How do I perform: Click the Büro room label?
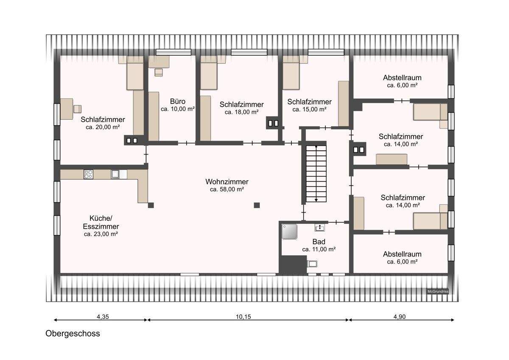coord(178,102)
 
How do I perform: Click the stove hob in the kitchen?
coord(88,174)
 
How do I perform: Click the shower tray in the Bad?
coord(289,231)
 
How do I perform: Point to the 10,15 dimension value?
coord(247,316)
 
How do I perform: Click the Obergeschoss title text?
coord(73,334)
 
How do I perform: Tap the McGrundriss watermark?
coord(437,291)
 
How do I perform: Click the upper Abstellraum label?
coord(402,78)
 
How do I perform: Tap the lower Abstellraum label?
coord(402,254)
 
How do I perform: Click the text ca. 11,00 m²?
coord(319,249)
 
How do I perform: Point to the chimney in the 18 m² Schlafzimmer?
coord(272,123)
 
